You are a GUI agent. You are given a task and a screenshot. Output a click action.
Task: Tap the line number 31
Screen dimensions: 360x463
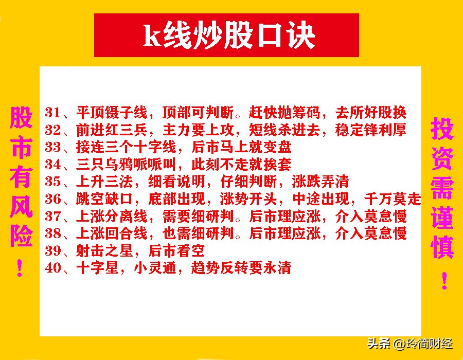[x=53, y=113]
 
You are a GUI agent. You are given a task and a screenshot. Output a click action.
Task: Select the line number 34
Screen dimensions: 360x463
[x=53, y=165]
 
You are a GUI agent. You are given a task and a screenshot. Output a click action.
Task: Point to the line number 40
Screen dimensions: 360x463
[x=53, y=268]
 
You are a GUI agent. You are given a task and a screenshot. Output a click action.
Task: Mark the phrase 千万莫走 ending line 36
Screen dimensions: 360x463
[x=396, y=199]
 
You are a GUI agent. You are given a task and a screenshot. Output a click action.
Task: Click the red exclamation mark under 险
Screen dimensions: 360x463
[x=20, y=267]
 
